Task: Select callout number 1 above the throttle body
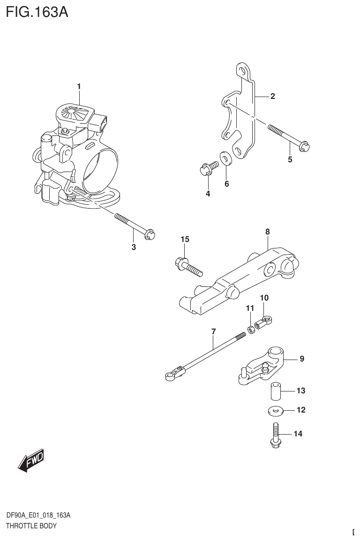79,86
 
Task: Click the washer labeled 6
225,158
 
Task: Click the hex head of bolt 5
306,147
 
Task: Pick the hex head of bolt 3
150,233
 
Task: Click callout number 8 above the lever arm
267,231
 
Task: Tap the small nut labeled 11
251,331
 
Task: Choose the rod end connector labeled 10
262,322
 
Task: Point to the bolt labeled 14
275,435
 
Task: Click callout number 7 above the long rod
213,331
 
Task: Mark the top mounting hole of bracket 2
242,71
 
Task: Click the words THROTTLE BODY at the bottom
31,526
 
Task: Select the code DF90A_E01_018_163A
38,516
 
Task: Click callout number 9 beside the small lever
302,359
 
